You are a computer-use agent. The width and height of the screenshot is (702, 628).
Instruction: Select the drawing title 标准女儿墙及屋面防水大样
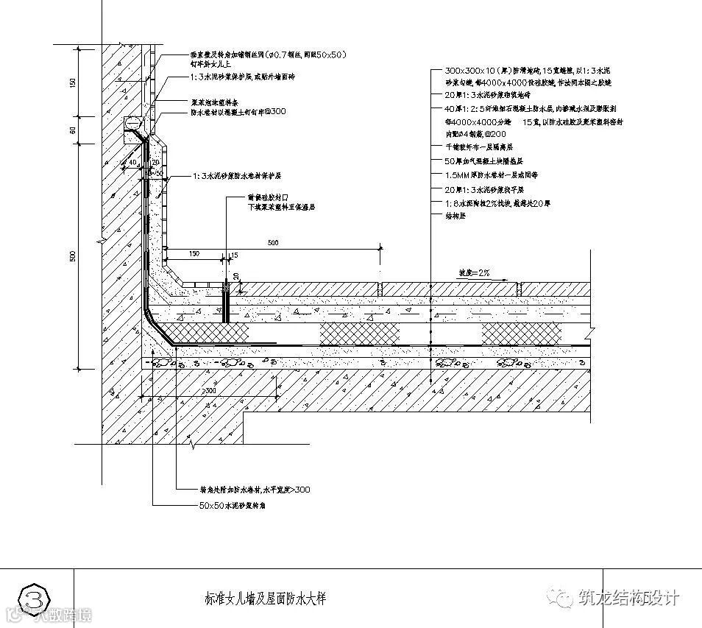coord(264,599)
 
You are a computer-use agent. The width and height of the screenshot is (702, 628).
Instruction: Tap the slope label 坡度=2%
coord(475,272)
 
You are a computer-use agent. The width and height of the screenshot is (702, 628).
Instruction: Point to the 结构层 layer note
coord(456,216)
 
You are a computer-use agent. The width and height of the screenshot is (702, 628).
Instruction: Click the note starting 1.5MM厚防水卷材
coord(492,175)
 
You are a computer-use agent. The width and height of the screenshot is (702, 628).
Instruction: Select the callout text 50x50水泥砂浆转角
coord(234,506)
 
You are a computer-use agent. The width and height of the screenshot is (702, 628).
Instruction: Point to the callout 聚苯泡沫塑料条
coord(214,103)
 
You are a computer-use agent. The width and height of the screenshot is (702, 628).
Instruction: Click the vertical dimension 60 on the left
coord(73,130)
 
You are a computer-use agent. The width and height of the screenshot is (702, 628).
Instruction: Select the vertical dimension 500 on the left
coord(73,255)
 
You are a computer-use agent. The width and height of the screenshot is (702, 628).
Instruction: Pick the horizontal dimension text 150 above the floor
coord(194,253)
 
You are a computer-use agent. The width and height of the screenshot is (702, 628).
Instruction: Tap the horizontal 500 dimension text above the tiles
coord(272,242)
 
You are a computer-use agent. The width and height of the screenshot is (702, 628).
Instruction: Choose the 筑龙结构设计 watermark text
coord(629,599)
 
